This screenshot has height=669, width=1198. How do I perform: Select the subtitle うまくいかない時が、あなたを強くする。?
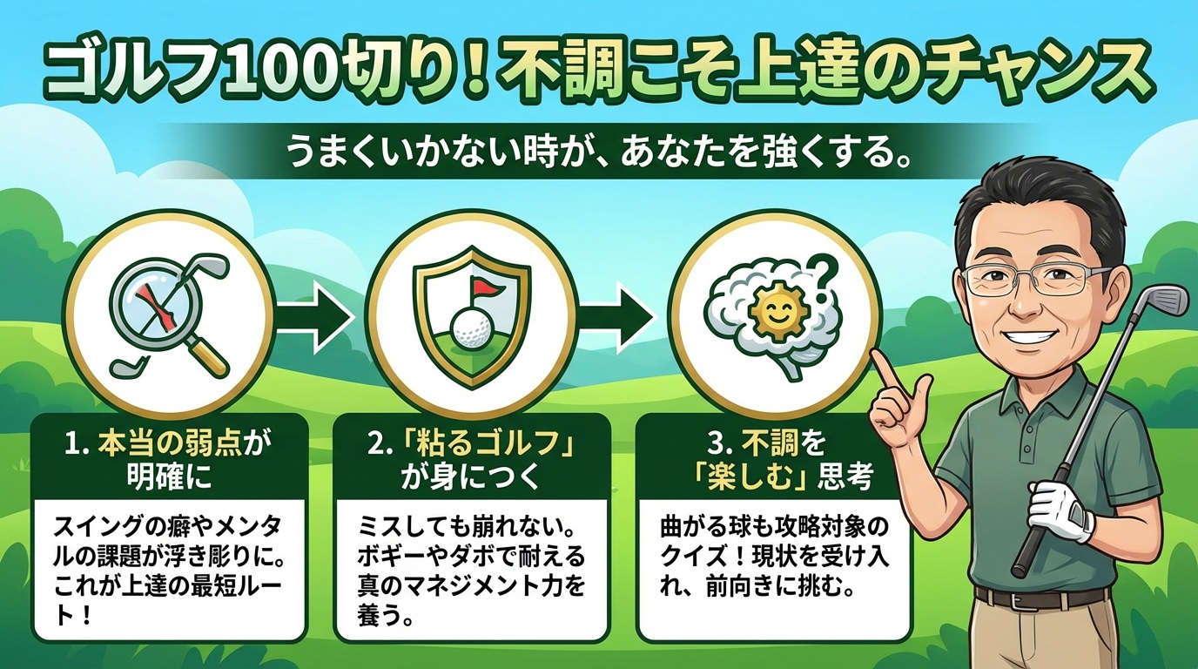pos(598,159)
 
